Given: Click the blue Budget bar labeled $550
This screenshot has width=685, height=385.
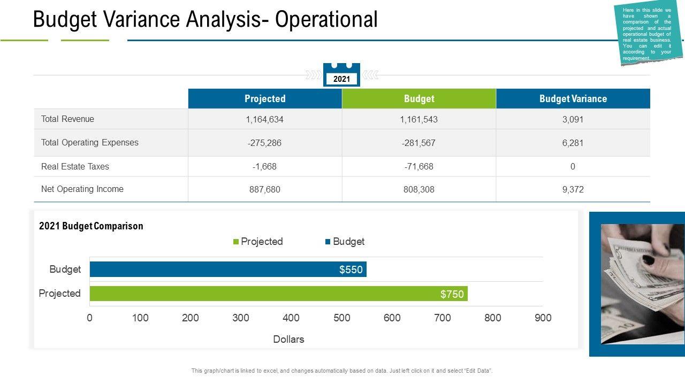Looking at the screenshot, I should click(x=228, y=269).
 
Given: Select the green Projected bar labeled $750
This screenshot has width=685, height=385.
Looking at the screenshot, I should click(x=278, y=294).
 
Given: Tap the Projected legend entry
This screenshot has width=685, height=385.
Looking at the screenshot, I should click(x=258, y=242).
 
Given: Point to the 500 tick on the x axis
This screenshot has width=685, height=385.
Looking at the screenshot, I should click(x=341, y=318).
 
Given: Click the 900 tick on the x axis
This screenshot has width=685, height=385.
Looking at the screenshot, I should click(x=543, y=318).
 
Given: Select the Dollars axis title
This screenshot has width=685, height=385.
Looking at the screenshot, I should click(x=288, y=339).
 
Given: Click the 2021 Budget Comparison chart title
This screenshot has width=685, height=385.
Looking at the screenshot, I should click(x=91, y=226).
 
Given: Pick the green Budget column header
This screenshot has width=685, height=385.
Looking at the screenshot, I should click(x=419, y=99).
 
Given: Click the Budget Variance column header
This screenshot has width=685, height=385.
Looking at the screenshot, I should click(x=573, y=99).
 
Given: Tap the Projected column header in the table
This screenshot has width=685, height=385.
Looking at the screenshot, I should click(x=265, y=99).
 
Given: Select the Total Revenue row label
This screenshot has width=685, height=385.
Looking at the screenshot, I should click(x=67, y=119).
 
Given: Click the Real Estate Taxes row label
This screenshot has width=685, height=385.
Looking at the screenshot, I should click(x=75, y=166).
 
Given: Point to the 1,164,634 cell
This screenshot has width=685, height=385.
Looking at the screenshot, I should click(x=265, y=120).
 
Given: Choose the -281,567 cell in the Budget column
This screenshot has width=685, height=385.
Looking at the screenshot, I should click(x=419, y=143).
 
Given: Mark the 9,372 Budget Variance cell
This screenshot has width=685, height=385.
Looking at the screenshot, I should click(x=573, y=189).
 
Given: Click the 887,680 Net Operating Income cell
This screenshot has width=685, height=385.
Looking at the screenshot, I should click(x=265, y=189).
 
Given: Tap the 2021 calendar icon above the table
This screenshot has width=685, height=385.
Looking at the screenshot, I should click(x=341, y=75).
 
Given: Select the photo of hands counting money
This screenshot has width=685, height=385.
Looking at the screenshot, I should click(x=642, y=283).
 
